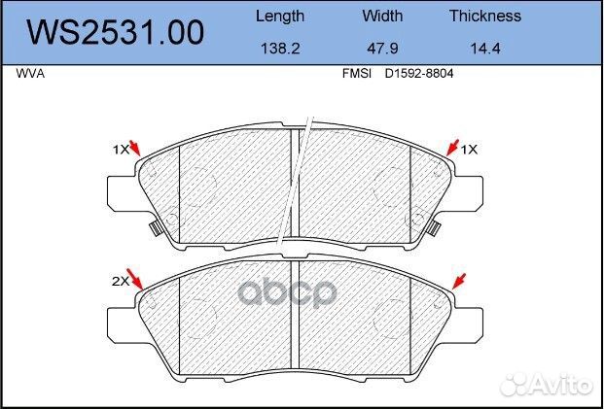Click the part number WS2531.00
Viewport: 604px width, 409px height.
click(x=115, y=33)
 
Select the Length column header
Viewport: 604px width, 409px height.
click(x=280, y=17)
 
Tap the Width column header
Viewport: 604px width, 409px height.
click(x=382, y=16)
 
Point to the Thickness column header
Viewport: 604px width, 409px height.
click(x=485, y=16)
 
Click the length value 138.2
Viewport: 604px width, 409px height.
click(x=280, y=49)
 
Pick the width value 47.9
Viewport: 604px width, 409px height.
click(x=382, y=49)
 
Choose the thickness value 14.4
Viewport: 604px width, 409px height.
click(x=485, y=49)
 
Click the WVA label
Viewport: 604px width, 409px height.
click(x=30, y=74)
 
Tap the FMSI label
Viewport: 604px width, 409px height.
click(x=357, y=74)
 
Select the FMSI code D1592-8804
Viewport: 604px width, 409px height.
click(x=419, y=74)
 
